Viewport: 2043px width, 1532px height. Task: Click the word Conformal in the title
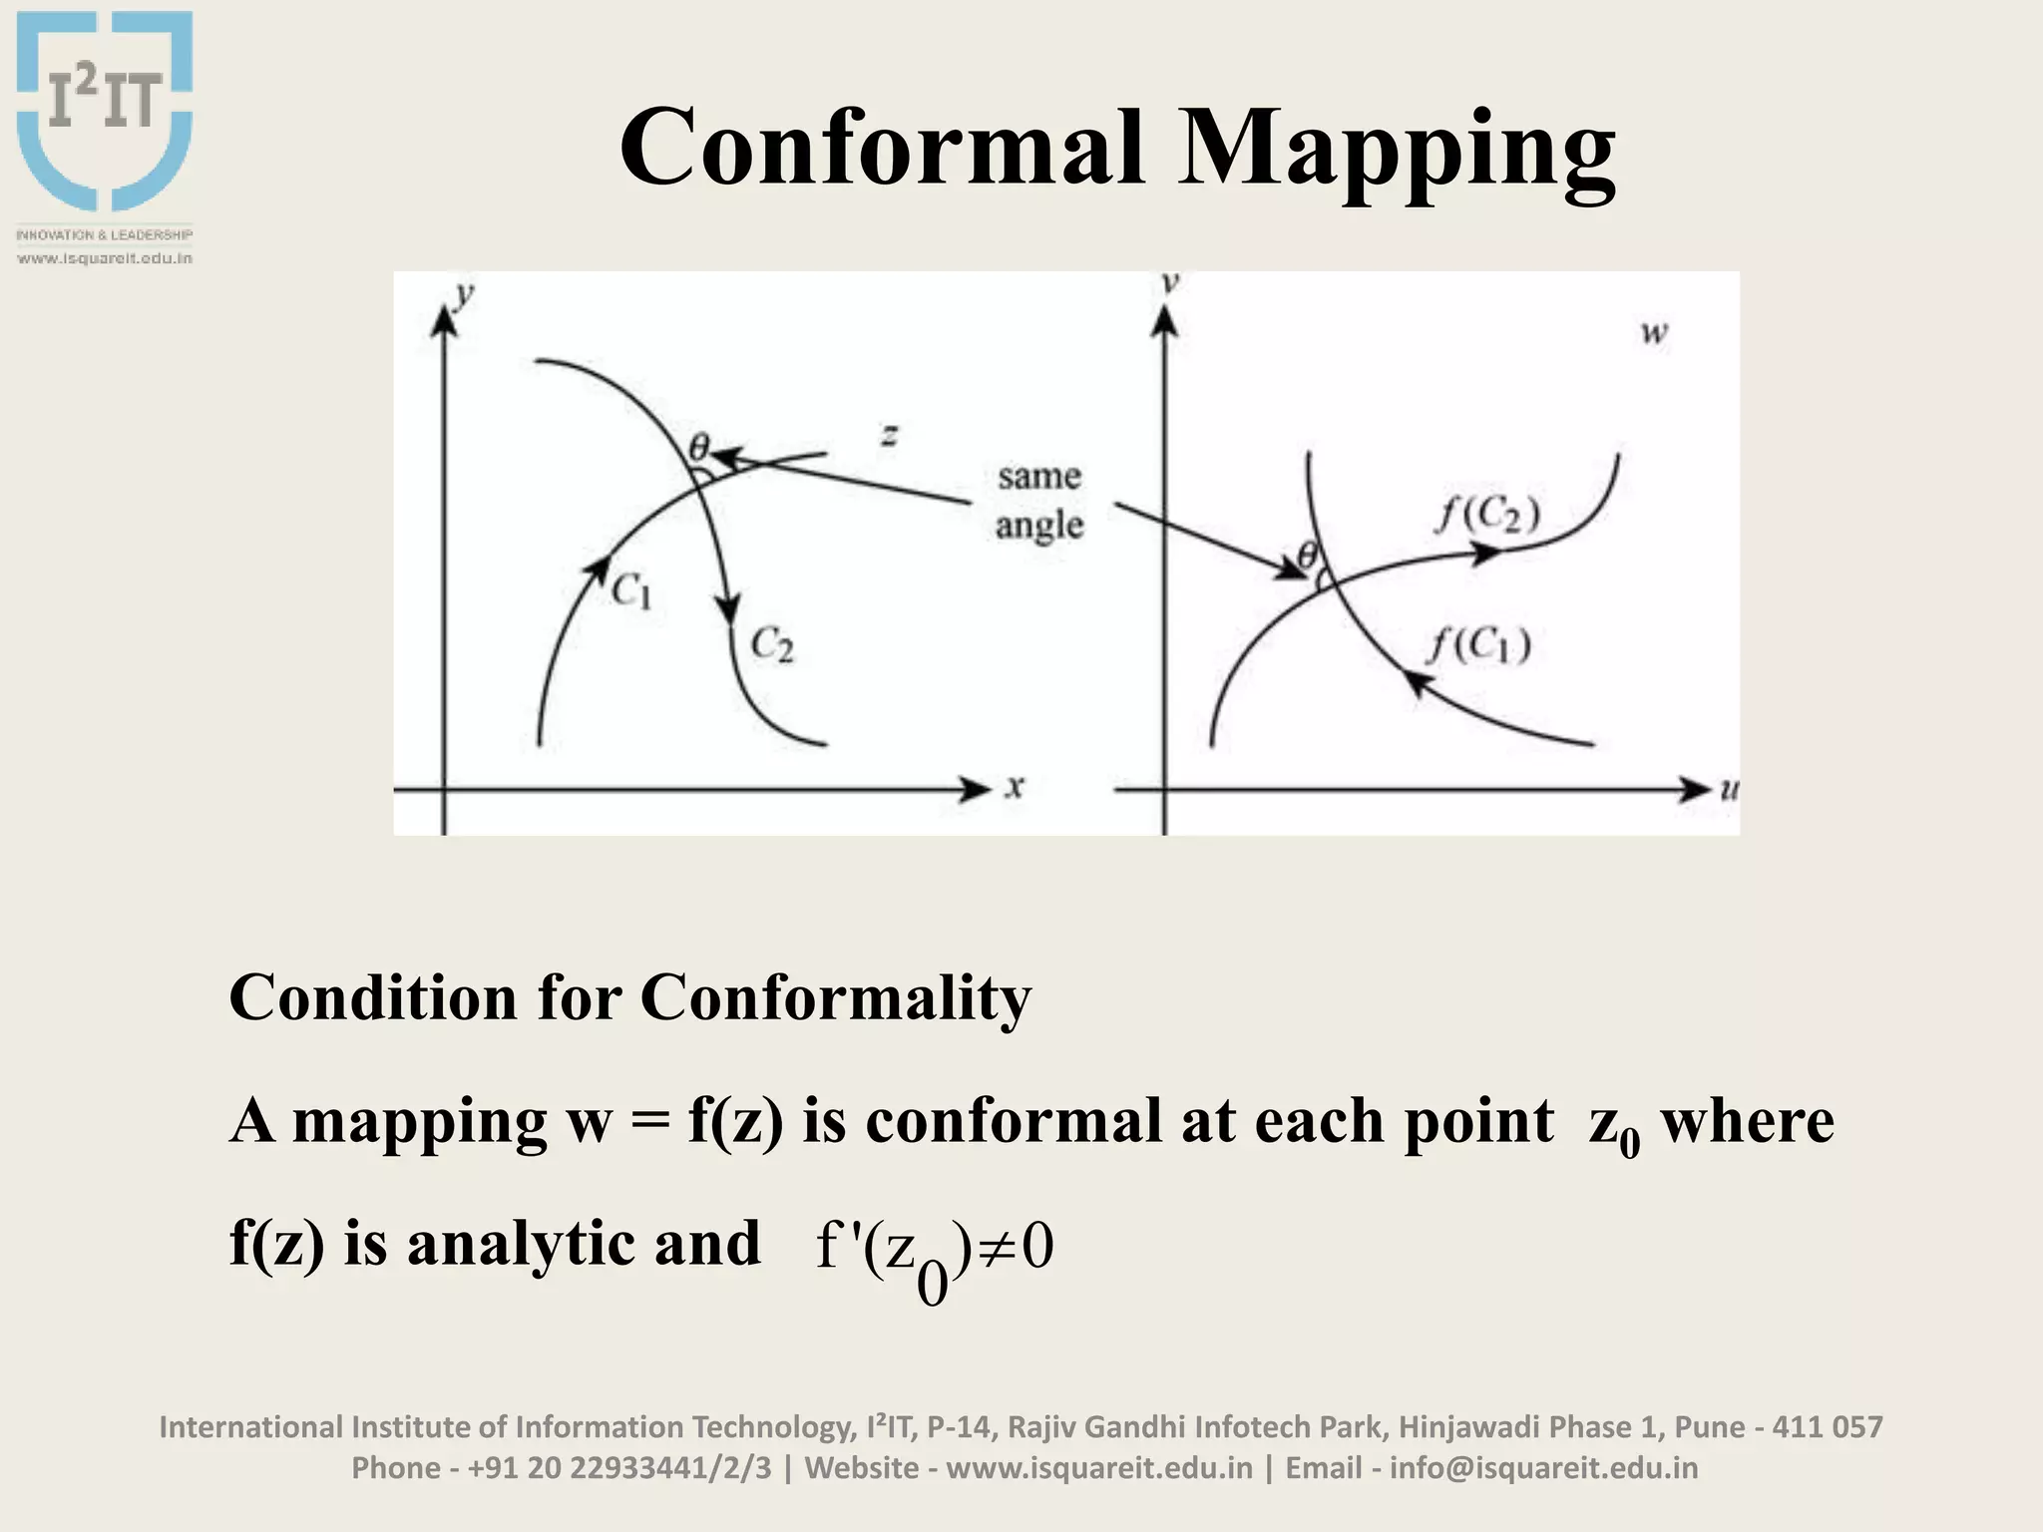click(882, 148)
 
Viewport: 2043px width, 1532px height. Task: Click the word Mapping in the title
click(1396, 150)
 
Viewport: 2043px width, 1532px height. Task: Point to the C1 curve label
click(631, 591)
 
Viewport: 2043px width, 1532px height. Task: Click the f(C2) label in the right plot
click(1487, 515)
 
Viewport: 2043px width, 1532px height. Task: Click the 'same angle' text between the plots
click(1038, 501)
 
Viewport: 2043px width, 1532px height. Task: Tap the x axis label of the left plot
click(1015, 787)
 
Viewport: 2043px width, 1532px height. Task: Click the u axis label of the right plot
click(1729, 789)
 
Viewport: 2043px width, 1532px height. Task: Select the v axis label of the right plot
click(1171, 283)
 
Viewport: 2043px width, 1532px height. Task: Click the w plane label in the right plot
click(1654, 332)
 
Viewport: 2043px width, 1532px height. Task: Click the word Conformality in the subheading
click(835, 997)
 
